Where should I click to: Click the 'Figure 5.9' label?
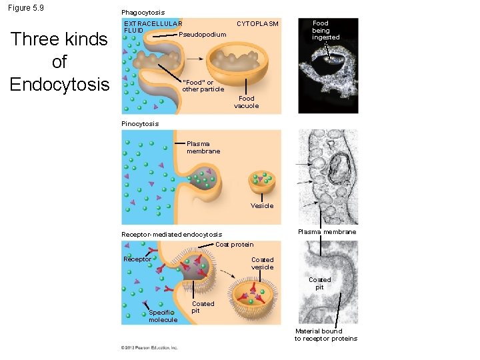point(26,8)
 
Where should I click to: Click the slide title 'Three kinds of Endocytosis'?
point(59,62)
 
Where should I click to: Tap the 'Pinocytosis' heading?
point(140,123)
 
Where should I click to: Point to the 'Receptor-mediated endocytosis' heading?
point(171,234)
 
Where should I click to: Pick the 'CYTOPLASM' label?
point(257,23)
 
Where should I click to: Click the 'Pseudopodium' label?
point(203,34)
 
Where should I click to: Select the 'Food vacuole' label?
point(246,102)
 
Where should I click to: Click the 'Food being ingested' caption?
point(325,30)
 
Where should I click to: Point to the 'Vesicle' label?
point(262,205)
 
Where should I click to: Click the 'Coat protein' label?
point(234,244)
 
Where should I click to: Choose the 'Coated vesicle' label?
point(262,263)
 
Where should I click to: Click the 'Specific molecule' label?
point(163,315)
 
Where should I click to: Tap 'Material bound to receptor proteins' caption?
point(326,335)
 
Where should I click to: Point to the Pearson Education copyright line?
point(149,347)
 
